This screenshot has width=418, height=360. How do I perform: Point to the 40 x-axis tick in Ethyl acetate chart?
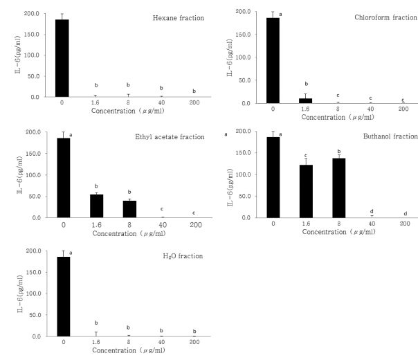tap(161, 224)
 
